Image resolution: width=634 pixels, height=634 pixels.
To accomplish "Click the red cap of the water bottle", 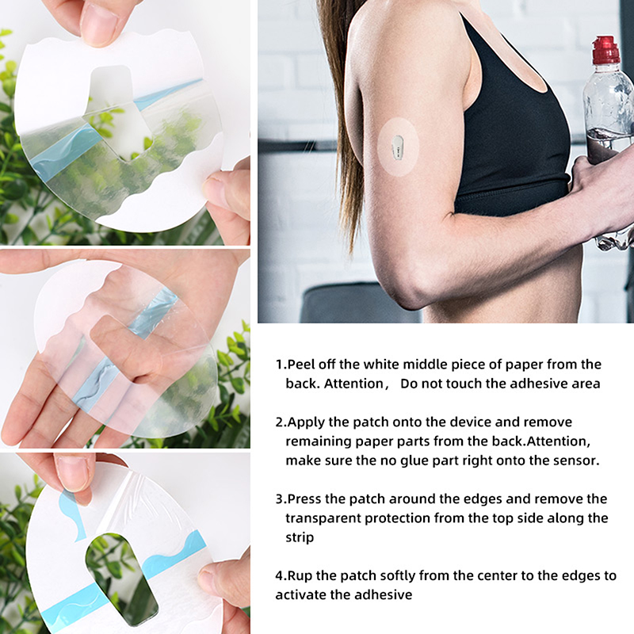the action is pyautogui.click(x=605, y=50).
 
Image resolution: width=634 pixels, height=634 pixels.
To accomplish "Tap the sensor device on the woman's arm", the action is pyautogui.click(x=398, y=147).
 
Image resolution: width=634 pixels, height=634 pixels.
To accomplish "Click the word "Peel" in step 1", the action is pyautogui.click(x=301, y=365).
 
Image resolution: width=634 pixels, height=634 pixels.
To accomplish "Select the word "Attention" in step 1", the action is pyautogui.click(x=353, y=384).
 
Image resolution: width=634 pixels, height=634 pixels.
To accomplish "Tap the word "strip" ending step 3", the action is pyautogui.click(x=300, y=537).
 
